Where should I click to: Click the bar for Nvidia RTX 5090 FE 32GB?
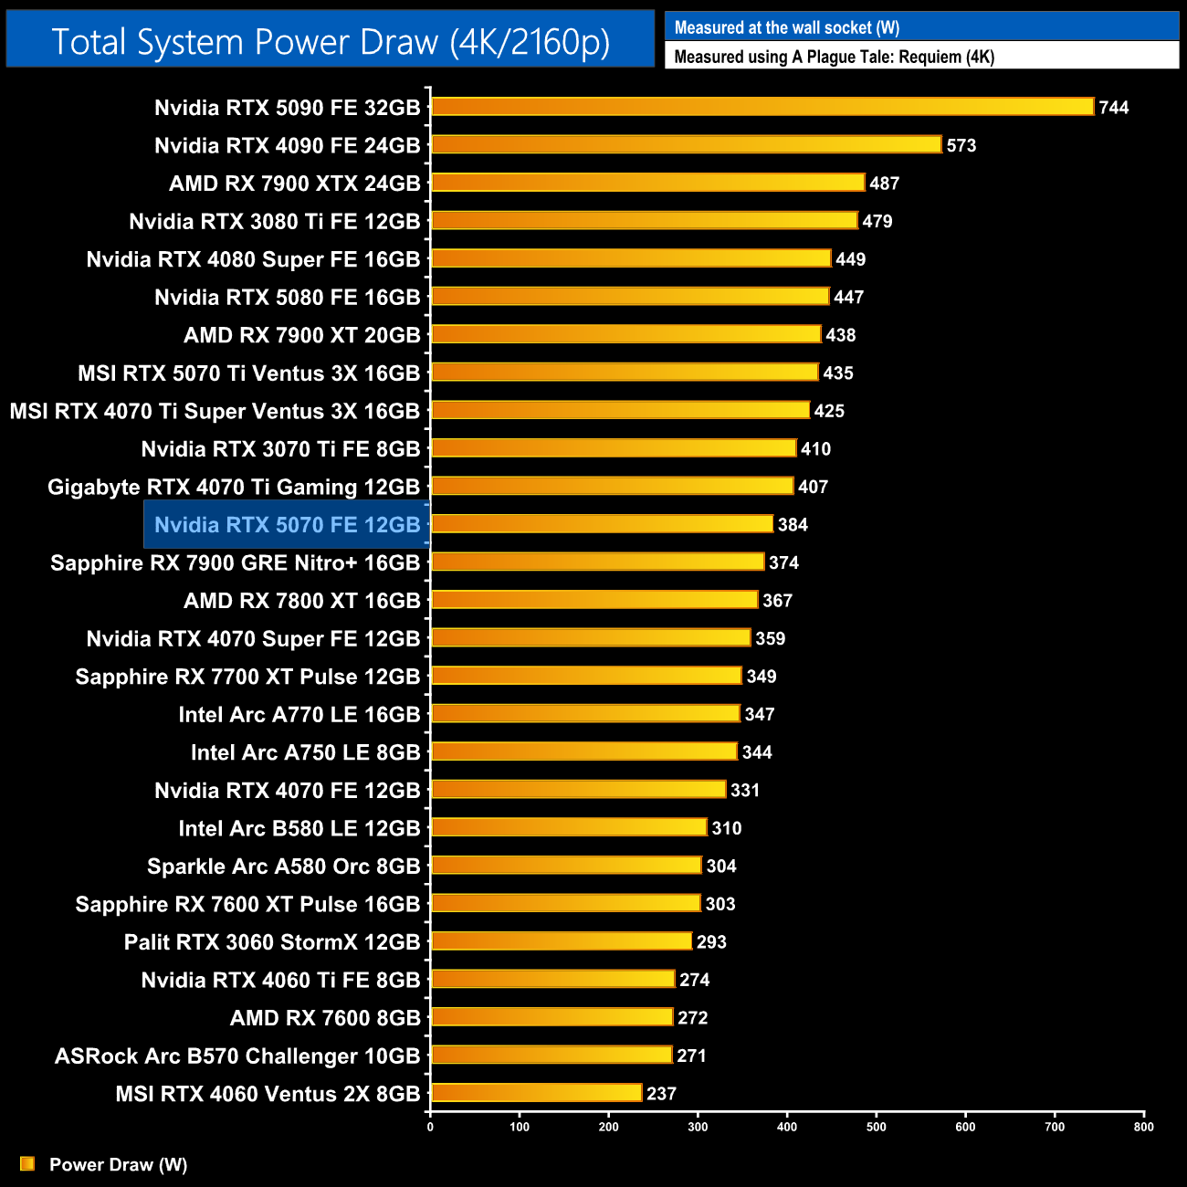click(x=762, y=107)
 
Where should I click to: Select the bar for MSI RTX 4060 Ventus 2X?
click(x=537, y=1093)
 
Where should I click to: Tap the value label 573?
click(x=961, y=145)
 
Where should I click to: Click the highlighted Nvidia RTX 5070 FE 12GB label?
click(x=287, y=525)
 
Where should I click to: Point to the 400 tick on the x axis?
click(x=787, y=1127)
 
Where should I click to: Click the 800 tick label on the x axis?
click(x=1143, y=1127)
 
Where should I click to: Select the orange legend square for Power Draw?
click(x=27, y=1163)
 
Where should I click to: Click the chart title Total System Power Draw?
click(x=331, y=42)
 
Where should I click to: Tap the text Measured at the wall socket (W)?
click(x=787, y=27)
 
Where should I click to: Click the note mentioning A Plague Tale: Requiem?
click(x=834, y=57)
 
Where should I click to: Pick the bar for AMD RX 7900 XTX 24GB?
click(x=647, y=183)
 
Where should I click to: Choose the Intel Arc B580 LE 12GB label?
click(x=299, y=828)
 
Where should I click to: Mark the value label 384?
click(x=793, y=524)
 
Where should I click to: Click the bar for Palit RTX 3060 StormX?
click(x=562, y=941)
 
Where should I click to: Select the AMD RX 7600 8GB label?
click(x=325, y=1018)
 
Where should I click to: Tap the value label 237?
click(x=661, y=1094)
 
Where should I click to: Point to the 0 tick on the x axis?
click(x=430, y=1127)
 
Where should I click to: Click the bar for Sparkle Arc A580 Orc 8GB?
click(x=566, y=866)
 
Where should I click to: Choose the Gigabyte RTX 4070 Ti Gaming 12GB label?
click(x=234, y=487)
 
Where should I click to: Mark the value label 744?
click(x=1114, y=108)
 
